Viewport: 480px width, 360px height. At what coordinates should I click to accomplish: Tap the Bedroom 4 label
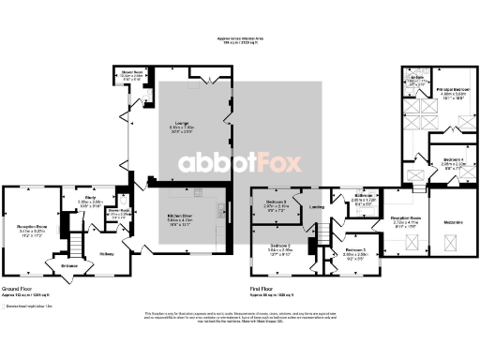[455, 159]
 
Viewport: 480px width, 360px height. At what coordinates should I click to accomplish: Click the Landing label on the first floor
[318, 207]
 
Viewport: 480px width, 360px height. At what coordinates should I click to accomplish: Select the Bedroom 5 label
[276, 202]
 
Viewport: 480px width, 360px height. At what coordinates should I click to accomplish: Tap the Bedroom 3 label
[353, 251]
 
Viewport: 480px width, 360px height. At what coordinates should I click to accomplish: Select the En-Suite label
[416, 79]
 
